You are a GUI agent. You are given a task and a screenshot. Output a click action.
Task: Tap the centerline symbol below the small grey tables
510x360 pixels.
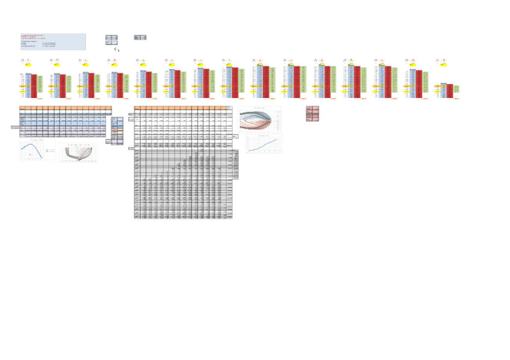point(117,50)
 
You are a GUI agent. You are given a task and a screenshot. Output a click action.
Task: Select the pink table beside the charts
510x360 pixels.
point(312,114)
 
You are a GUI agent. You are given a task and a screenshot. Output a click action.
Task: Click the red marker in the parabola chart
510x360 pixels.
point(30,154)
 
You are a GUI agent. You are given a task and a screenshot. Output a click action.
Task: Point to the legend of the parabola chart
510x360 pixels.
point(50,150)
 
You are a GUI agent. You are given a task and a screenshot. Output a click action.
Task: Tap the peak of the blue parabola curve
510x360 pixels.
point(31,144)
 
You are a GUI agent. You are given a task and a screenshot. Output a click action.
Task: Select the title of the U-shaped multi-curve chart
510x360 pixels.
point(79,145)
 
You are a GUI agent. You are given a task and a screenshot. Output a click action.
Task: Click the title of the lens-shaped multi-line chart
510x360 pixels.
point(260,108)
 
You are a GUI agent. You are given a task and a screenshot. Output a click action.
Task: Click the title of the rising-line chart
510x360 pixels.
point(263,136)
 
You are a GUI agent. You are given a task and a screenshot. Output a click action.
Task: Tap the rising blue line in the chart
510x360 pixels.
point(265,145)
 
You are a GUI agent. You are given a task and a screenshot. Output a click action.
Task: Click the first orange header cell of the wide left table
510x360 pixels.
point(22,108)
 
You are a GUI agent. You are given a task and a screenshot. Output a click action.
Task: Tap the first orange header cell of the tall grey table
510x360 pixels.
point(137,108)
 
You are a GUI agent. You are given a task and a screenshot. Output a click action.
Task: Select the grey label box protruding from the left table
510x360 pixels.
point(15,127)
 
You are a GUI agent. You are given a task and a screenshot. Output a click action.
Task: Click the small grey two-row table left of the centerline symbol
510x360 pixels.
point(111,40)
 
